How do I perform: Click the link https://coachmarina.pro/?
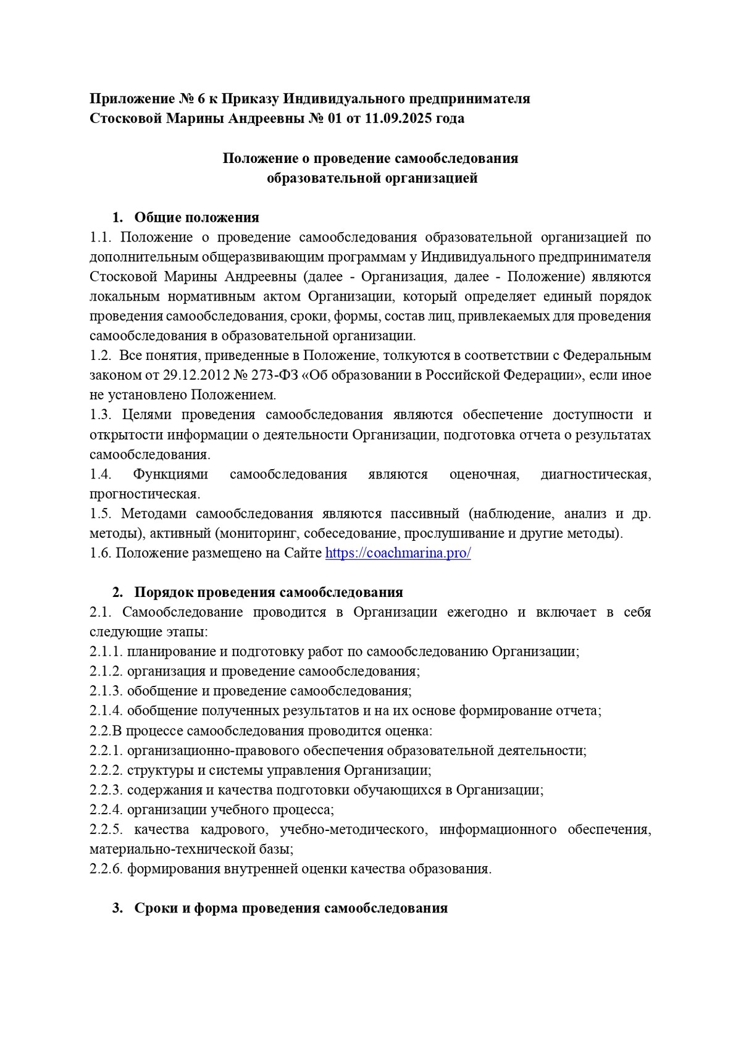point(398,553)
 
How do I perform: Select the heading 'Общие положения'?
point(196,217)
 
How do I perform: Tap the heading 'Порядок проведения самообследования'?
point(268,593)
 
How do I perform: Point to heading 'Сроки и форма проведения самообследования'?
point(290,909)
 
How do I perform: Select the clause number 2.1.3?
point(106,691)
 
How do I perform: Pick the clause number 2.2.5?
point(106,830)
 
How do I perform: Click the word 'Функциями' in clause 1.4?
point(171,474)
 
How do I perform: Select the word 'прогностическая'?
point(144,494)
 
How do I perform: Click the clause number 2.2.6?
point(106,869)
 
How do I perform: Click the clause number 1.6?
point(100,553)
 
